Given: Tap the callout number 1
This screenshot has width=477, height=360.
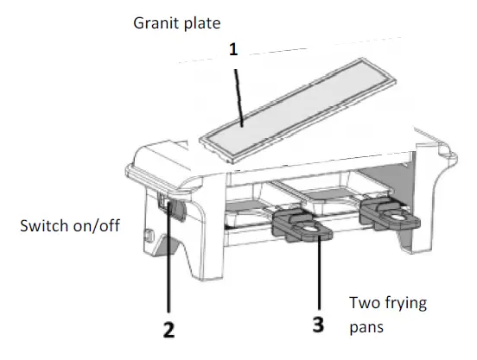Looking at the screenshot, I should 232,50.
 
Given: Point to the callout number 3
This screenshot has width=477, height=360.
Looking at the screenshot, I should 319,326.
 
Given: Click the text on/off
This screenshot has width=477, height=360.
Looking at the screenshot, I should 95,227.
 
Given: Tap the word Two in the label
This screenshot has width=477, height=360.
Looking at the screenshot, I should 363,304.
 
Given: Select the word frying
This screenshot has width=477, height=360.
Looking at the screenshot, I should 407,304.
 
